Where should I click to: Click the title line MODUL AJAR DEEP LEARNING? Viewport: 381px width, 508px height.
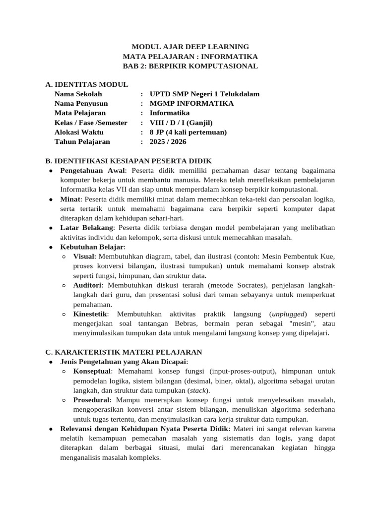tap(190, 47)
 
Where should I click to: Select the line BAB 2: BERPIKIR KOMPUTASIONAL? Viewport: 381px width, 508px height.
tap(190, 66)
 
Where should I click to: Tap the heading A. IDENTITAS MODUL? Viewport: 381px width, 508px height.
tap(86, 85)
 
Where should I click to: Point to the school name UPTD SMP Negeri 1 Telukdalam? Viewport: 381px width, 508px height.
tap(204, 94)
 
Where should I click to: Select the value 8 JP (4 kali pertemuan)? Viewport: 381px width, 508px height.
tap(188, 132)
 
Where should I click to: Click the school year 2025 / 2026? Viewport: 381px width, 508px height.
tap(168, 141)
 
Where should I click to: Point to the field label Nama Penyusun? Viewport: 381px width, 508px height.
tap(81, 104)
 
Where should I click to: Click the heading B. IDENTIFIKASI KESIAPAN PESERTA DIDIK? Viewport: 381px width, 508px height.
tap(128, 161)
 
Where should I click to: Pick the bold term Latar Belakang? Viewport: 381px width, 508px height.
tap(87, 228)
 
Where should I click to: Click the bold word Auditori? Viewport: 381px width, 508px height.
tap(88, 285)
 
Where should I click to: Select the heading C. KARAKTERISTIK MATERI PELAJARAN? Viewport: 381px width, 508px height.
tap(124, 352)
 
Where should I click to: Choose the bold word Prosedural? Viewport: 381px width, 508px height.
tap(91, 400)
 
